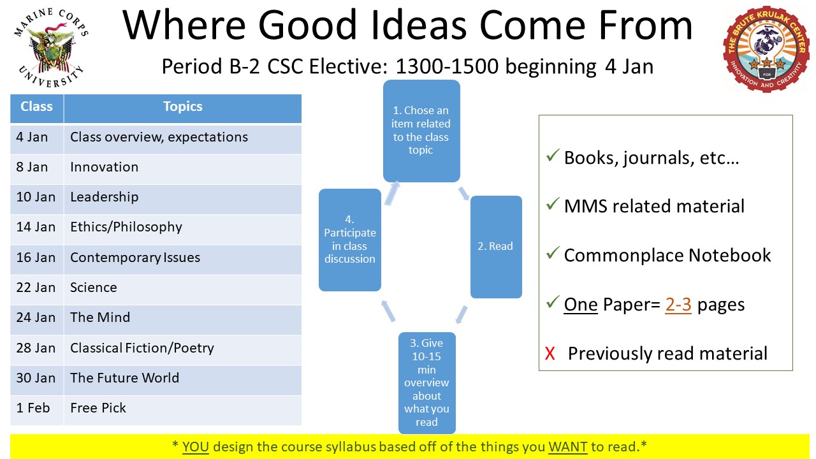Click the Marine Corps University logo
[x=50, y=50]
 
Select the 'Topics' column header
[x=182, y=107]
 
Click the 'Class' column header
[x=36, y=107]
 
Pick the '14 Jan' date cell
[x=36, y=228]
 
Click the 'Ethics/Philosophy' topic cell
[x=126, y=228]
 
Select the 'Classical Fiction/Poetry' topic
[x=142, y=348]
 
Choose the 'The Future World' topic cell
[x=124, y=378]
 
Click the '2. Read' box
[x=495, y=247]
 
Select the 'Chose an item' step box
[x=421, y=131]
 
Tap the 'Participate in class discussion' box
[x=349, y=240]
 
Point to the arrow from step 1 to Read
[x=465, y=192]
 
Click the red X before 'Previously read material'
[x=550, y=354]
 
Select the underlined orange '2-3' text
[x=678, y=305]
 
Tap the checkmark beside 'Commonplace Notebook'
[x=552, y=254]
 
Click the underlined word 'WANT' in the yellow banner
[x=567, y=446]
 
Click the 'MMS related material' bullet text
[x=654, y=207]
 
